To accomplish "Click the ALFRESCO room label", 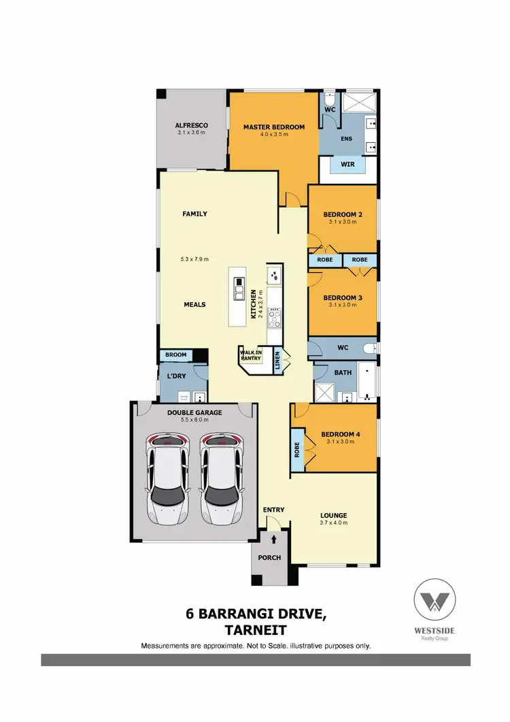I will click(191, 126).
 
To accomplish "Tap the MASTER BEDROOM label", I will click(274, 127).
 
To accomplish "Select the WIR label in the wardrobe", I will click(347, 164).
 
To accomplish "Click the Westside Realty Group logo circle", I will click(435, 600).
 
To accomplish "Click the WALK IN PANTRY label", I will click(250, 354).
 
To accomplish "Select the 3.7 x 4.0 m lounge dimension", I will click(333, 523).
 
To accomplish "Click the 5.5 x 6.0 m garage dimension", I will click(194, 420).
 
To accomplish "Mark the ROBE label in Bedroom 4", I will click(297, 449).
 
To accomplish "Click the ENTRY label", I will click(273, 510).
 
